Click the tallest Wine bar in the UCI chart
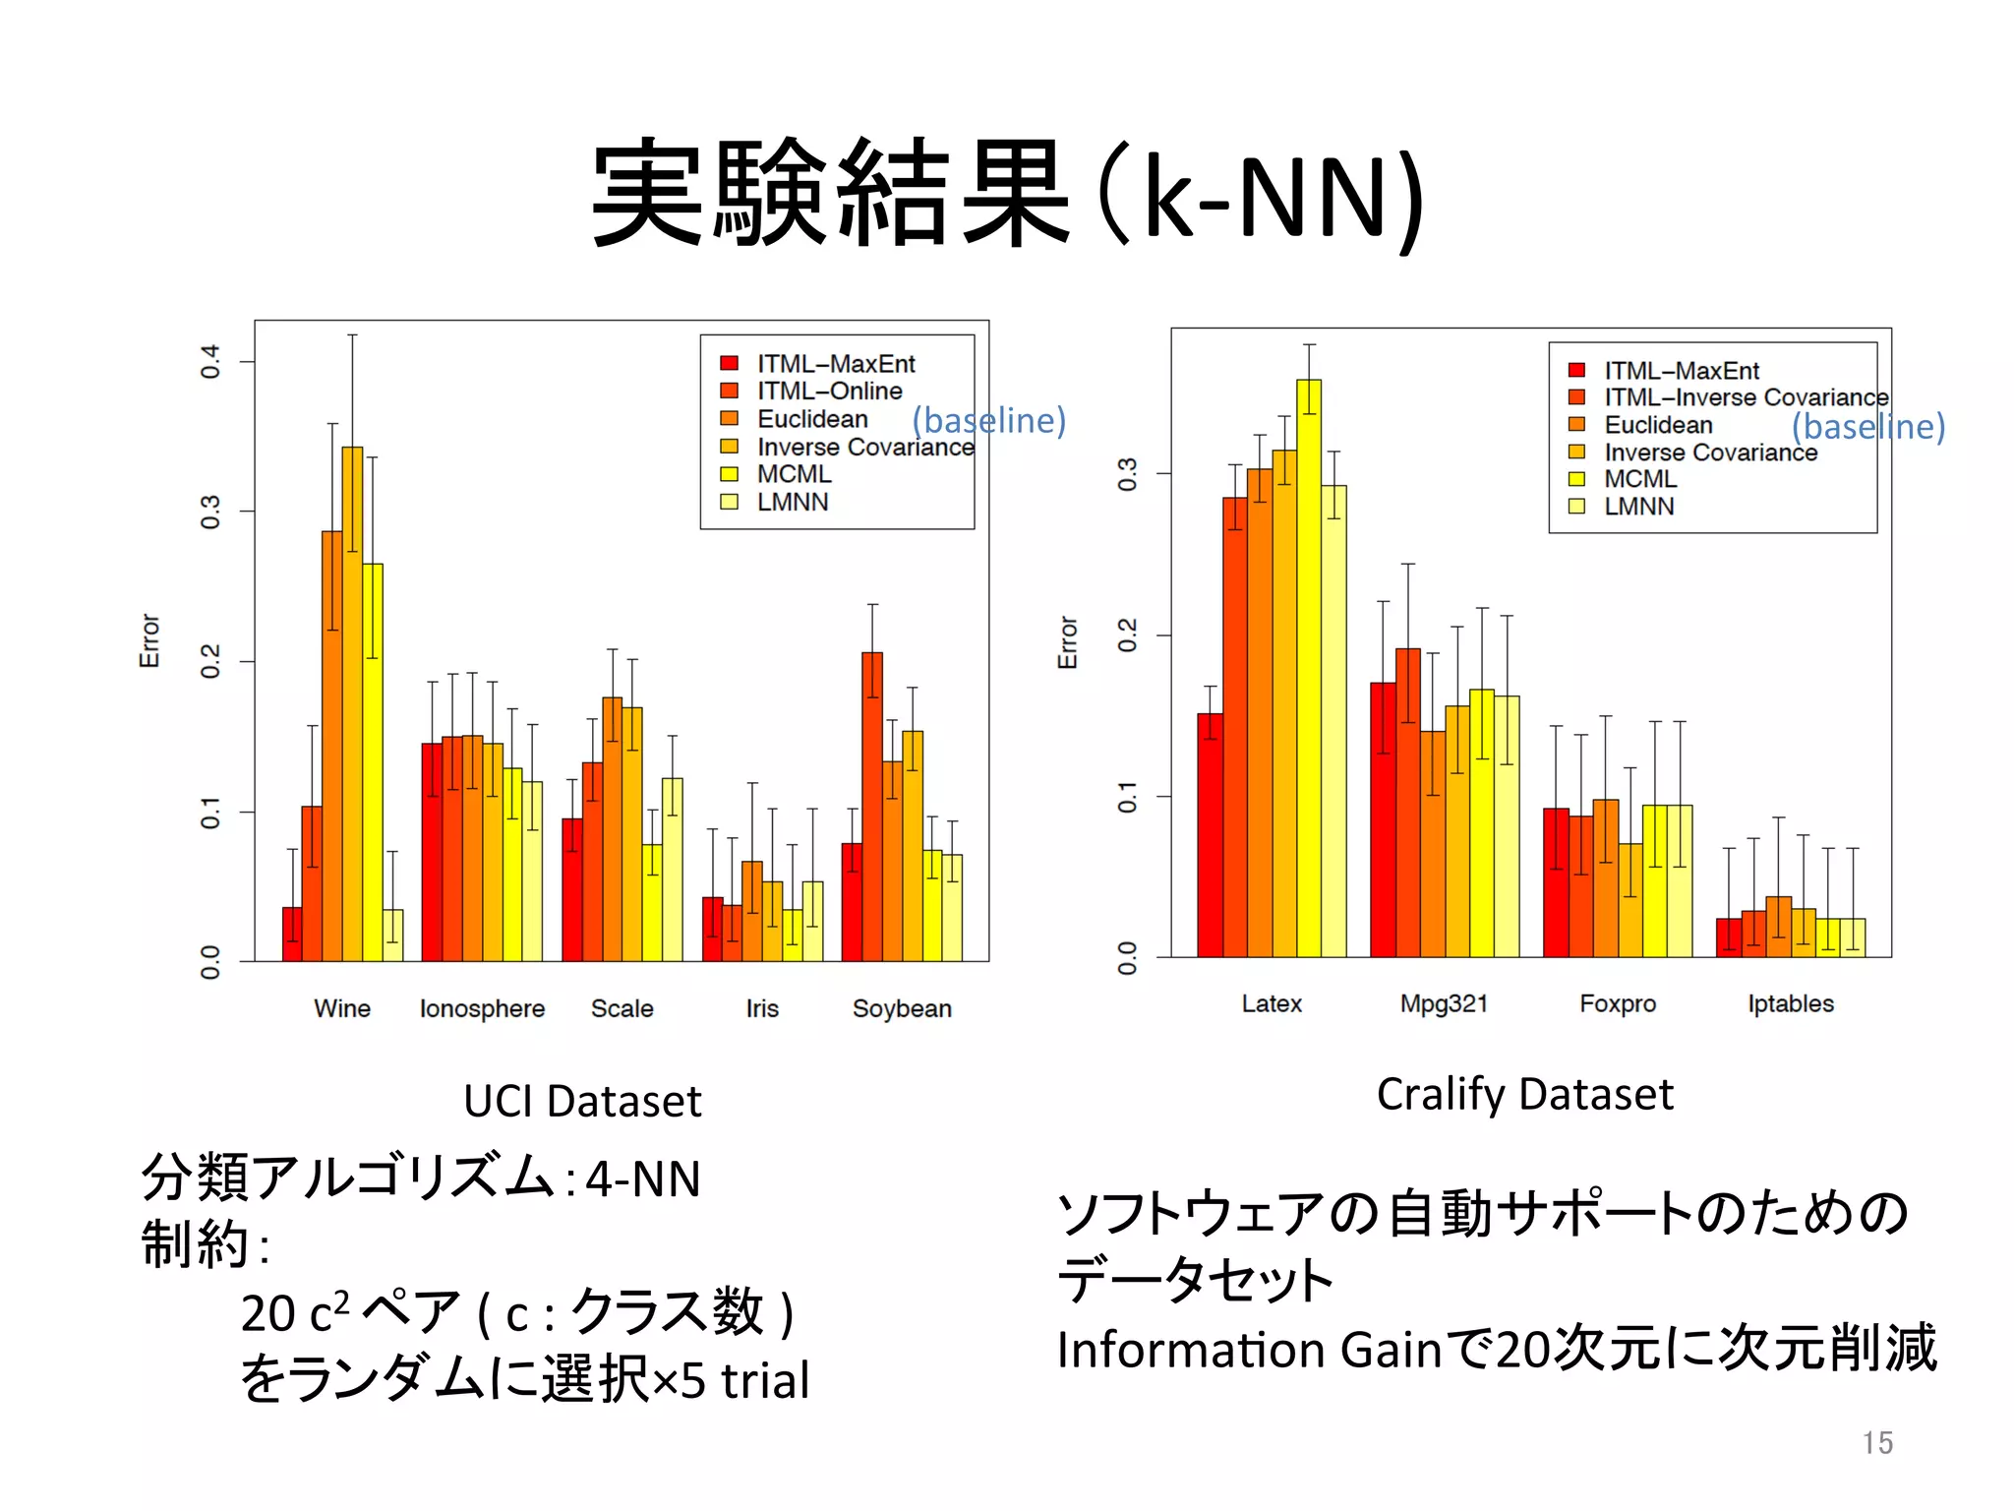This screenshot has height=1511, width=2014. click(352, 703)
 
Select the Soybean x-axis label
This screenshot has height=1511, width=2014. click(902, 1008)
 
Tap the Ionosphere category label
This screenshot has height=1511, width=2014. click(482, 1008)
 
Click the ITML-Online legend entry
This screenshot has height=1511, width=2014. click(828, 392)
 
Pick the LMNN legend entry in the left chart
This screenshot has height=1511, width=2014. click(792, 502)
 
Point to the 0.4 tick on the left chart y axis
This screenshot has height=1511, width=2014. click(210, 361)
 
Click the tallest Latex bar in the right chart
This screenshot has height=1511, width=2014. click(1309, 669)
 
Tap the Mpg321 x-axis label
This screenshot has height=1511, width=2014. click(1444, 1003)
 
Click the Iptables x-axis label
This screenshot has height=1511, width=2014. click(1790, 1003)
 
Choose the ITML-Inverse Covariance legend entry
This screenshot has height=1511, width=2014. click(1746, 397)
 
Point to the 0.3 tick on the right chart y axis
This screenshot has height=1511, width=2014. click(1128, 474)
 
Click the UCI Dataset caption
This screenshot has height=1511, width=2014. click(582, 1101)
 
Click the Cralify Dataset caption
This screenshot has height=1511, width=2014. click(1524, 1094)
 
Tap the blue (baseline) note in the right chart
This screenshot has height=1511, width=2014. click(1867, 426)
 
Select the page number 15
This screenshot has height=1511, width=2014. click(1876, 1442)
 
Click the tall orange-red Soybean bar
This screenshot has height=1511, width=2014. click(872, 807)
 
